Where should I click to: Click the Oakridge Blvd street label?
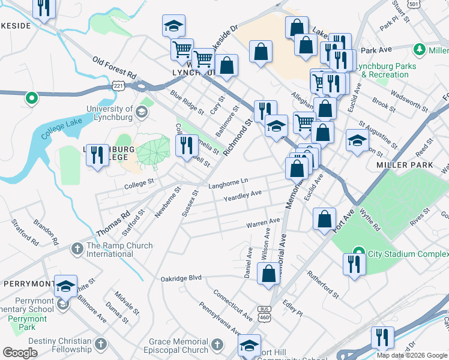(181, 279)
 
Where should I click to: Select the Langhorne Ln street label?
(228, 182)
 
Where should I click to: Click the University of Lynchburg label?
(110, 113)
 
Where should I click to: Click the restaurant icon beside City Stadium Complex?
(354, 264)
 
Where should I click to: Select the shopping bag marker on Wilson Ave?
(268, 273)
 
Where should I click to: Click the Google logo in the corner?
(20, 352)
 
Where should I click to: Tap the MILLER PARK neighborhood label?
(400, 164)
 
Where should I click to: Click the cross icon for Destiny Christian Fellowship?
(101, 344)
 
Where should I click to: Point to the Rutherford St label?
(323, 285)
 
